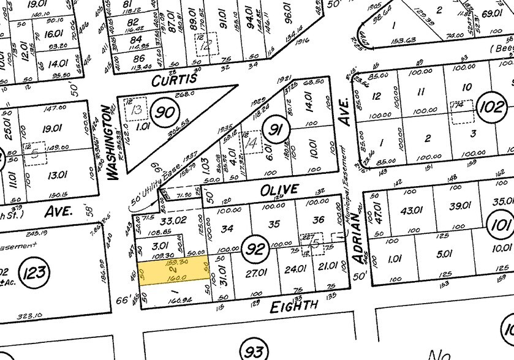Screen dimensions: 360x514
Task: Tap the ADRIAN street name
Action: [x=360, y=245]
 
